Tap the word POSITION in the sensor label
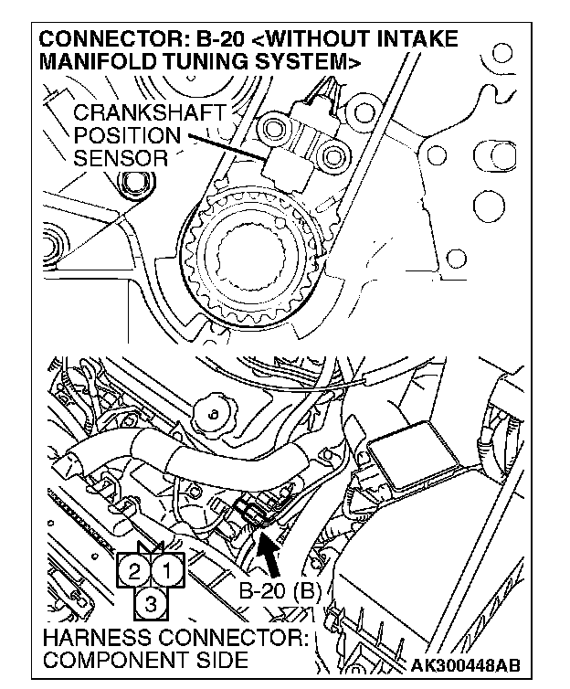pyautogui.click(x=115, y=136)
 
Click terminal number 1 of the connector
pyautogui.click(x=167, y=573)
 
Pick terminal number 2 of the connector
pyautogui.click(x=134, y=573)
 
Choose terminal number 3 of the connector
pyautogui.click(x=152, y=602)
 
